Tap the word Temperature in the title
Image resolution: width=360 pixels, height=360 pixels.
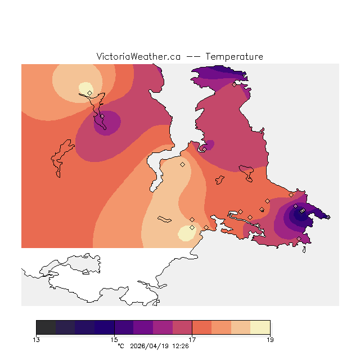[234, 57]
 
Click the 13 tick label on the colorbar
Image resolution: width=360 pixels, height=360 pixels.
[36, 339]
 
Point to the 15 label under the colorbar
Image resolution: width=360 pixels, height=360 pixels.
[114, 339]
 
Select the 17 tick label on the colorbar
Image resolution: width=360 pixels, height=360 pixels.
[192, 339]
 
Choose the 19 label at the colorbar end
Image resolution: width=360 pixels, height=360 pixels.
[270, 339]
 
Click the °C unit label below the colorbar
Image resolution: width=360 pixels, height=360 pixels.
[120, 346]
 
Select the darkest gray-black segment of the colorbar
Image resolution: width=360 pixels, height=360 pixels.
[46, 327]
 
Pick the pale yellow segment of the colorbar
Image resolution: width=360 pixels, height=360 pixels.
[260, 327]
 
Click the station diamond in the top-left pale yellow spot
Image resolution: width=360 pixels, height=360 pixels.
[89, 93]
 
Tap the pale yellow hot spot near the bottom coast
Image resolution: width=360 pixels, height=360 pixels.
[185, 233]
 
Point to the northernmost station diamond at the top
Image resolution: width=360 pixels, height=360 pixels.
[234, 85]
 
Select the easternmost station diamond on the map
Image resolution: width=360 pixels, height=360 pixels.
[328, 217]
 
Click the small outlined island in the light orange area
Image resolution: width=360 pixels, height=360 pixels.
[165, 219]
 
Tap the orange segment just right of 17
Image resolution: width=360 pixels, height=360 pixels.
[201, 327]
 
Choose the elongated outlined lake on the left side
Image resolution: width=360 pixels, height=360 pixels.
[62, 157]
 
